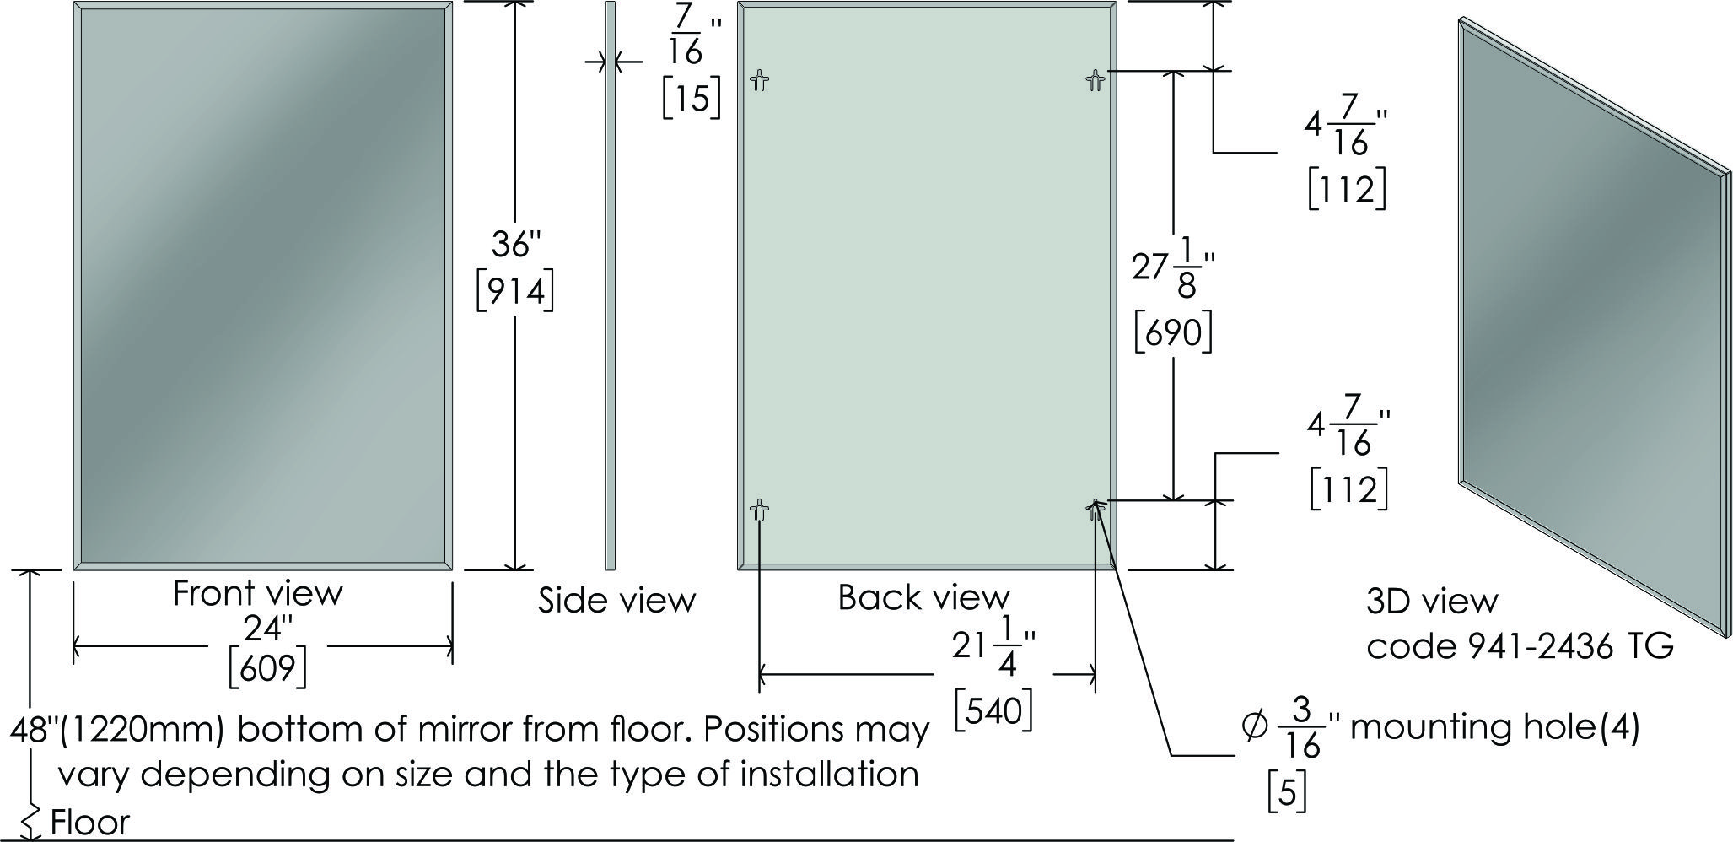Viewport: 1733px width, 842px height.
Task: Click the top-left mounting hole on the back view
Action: [760, 81]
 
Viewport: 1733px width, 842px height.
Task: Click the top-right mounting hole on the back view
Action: [1095, 81]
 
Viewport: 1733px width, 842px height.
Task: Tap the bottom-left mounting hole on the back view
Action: [760, 510]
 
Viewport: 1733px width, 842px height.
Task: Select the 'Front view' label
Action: [258, 593]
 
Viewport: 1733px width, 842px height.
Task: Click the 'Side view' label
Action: [617, 600]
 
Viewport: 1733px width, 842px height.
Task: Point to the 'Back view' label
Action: [923, 597]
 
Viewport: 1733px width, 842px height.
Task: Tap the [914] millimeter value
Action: [515, 291]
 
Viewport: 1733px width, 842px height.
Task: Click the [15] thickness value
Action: [692, 99]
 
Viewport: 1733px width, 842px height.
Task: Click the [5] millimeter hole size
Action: [1288, 792]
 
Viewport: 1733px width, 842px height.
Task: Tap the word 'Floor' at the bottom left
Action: [90, 822]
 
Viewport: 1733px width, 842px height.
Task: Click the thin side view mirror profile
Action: [611, 285]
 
